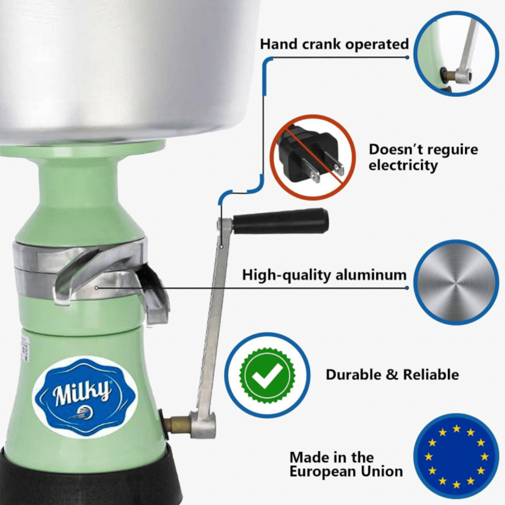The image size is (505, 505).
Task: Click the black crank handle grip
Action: point(281,221)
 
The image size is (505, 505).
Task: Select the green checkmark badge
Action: point(267,375)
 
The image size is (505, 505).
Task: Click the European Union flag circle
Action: point(456,455)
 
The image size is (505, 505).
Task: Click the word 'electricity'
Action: point(403,166)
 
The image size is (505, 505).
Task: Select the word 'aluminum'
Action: point(371,275)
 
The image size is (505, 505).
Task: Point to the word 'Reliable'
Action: point(431,375)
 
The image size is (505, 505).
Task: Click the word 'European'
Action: point(322,472)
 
